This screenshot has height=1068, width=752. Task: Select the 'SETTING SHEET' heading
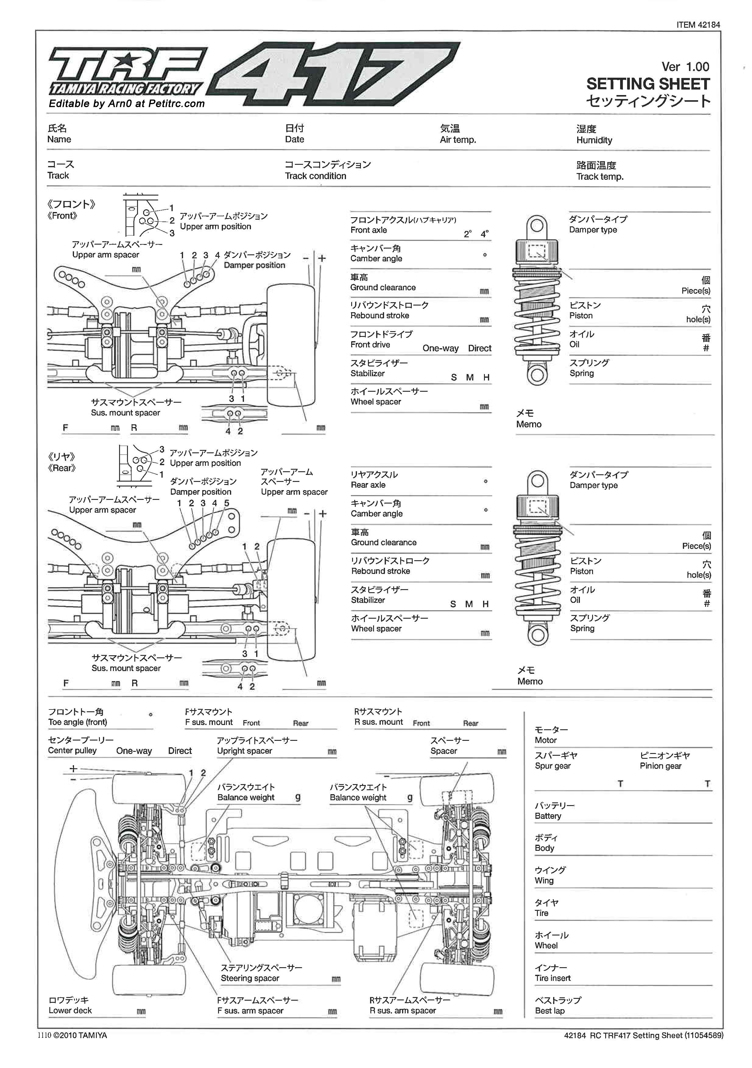click(x=648, y=84)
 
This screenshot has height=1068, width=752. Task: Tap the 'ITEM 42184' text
click(x=698, y=25)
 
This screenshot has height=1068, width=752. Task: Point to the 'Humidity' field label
click(x=594, y=140)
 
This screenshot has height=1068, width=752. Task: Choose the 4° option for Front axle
click(x=485, y=234)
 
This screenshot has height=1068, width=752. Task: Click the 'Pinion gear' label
click(x=660, y=766)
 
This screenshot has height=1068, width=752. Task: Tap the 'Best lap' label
click(x=550, y=1011)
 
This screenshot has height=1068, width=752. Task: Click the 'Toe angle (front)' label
click(x=77, y=722)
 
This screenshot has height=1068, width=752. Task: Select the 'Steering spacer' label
click(x=250, y=978)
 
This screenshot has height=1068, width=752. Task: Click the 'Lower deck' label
click(x=70, y=1010)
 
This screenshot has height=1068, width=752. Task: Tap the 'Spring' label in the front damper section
click(x=581, y=373)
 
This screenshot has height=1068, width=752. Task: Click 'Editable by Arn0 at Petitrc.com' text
click(x=126, y=104)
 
